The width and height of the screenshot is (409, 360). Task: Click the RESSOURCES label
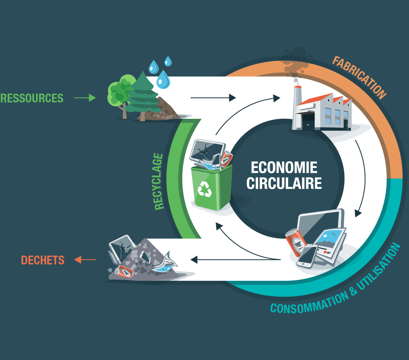tap(32, 98)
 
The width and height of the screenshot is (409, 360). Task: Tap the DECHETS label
tap(43, 260)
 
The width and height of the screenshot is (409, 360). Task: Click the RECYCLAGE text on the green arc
tap(159, 181)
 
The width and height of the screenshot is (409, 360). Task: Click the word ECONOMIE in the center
tap(284, 167)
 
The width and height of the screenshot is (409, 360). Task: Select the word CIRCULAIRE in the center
tap(284, 183)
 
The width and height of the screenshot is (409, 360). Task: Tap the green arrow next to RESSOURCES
tap(85, 98)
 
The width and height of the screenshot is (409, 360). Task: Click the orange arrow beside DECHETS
tap(85, 260)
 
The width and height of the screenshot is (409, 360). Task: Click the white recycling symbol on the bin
tap(205, 189)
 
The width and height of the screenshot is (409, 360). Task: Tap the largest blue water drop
tap(163, 79)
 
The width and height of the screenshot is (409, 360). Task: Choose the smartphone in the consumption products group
tap(307, 256)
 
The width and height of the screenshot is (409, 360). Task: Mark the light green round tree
tap(119, 91)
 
